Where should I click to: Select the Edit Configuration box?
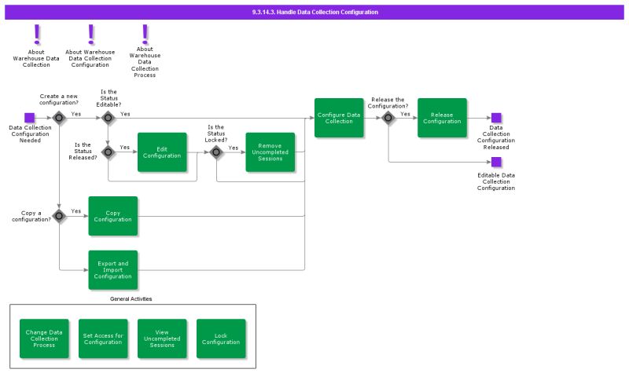click(162, 152)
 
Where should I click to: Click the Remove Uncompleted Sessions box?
click(270, 152)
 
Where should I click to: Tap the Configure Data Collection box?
click(339, 118)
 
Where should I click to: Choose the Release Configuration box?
click(442, 118)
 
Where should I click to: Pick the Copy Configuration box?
click(113, 216)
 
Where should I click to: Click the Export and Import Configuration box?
click(113, 270)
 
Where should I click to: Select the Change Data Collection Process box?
click(44, 338)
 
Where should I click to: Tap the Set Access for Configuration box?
click(103, 338)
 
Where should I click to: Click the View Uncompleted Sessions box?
click(162, 338)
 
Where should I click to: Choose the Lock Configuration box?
click(221, 338)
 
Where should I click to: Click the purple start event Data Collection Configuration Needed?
click(30, 118)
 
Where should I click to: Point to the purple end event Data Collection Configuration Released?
click(496, 118)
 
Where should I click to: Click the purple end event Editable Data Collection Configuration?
click(496, 162)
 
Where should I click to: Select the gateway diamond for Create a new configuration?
click(59, 118)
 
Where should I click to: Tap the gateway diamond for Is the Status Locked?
click(216, 152)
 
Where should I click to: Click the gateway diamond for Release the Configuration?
click(388, 118)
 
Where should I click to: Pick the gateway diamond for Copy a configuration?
click(59, 215)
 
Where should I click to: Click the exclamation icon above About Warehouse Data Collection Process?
click(145, 34)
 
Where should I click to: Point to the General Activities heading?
click(131, 299)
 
